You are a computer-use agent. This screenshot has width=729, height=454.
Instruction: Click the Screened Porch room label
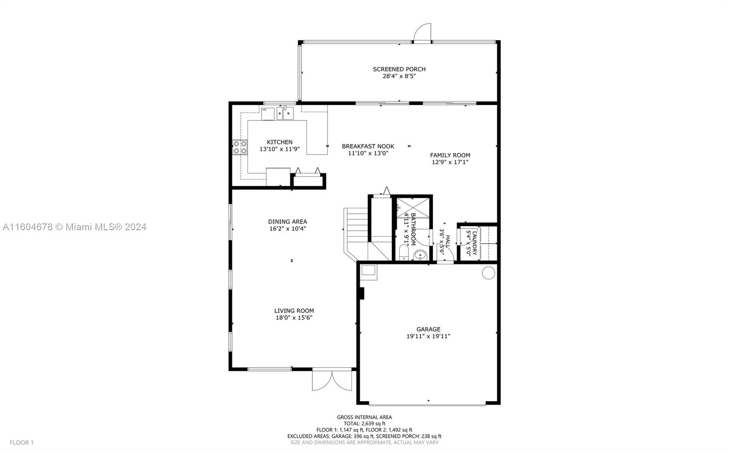click(x=399, y=69)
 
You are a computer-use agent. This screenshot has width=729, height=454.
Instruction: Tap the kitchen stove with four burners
click(x=240, y=147)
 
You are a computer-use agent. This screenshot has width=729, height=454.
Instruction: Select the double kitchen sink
click(x=285, y=113)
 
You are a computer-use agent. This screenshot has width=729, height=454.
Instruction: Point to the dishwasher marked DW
click(x=267, y=114)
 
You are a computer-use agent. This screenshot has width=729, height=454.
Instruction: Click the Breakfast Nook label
click(x=368, y=146)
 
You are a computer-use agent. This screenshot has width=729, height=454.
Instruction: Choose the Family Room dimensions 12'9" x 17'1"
click(x=450, y=162)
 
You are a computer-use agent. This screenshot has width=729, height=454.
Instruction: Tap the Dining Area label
click(x=287, y=222)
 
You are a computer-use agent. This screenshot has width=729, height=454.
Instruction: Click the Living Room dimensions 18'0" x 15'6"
click(x=294, y=318)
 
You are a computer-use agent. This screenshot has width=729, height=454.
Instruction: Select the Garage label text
click(x=428, y=329)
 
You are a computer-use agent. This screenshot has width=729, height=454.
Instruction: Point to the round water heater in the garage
click(x=488, y=272)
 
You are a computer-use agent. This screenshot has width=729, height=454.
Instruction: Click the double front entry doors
click(x=332, y=380)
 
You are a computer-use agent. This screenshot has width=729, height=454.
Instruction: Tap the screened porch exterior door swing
click(x=422, y=32)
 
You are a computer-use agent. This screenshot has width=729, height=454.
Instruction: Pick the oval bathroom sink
click(x=420, y=256)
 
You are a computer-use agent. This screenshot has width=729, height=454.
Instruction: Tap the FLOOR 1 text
click(x=21, y=442)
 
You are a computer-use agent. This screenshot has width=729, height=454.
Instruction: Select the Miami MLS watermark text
click(x=75, y=227)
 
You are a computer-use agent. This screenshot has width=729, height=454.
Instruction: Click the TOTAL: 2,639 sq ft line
click(x=364, y=424)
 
